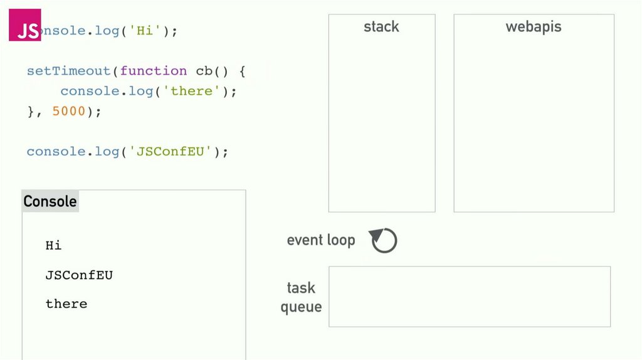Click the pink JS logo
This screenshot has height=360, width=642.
pos(25,25)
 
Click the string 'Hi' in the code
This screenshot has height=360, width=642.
pos(144,31)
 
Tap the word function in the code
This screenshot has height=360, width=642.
pos(154,71)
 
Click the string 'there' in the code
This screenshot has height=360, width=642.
pos(192,91)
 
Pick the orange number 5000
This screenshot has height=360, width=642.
pos(69,111)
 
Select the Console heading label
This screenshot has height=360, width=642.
pos(50,201)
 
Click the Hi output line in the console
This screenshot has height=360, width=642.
pos(53,245)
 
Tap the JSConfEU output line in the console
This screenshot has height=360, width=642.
pos(79,275)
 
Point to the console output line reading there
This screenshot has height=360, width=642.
pos(66,304)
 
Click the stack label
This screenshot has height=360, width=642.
pos(381,26)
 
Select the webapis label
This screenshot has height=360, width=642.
pos(534,26)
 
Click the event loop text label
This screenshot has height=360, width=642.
pos(321,240)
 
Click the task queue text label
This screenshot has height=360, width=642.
pos(301,297)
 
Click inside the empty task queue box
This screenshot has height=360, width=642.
pos(469,297)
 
